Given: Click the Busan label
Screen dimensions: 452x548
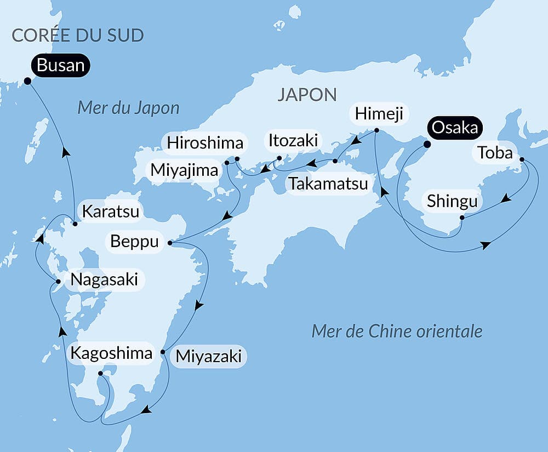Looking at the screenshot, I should click(x=60, y=66).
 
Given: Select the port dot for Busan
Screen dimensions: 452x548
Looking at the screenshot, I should click(x=27, y=81).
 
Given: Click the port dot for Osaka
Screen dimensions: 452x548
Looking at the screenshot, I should click(x=426, y=145).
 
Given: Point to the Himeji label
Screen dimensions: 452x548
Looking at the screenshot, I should click(x=379, y=114).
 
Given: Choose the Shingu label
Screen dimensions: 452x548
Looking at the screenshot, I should click(x=453, y=202).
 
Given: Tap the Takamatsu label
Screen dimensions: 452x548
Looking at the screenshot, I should click(x=328, y=184).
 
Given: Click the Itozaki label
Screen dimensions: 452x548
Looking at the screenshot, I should click(x=292, y=140).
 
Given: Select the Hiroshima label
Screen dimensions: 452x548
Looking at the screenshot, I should click(x=204, y=144).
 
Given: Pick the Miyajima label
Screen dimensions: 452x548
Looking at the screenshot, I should click(x=185, y=170).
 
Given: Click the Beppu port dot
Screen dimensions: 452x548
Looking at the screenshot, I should click(x=169, y=242).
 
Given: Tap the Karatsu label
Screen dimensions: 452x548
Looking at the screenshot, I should click(x=110, y=211).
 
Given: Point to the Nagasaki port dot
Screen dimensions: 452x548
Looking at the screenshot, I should click(x=58, y=281).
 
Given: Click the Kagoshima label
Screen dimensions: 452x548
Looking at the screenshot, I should click(x=111, y=353).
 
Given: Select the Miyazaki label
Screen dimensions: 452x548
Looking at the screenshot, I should click(x=208, y=357).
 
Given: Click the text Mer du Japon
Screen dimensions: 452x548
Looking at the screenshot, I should click(x=128, y=107).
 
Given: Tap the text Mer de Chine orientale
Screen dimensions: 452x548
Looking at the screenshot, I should click(x=397, y=331).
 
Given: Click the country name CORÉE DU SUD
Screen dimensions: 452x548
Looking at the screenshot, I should click(x=77, y=36).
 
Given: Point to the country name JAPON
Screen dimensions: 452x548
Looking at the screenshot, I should click(x=307, y=94).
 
